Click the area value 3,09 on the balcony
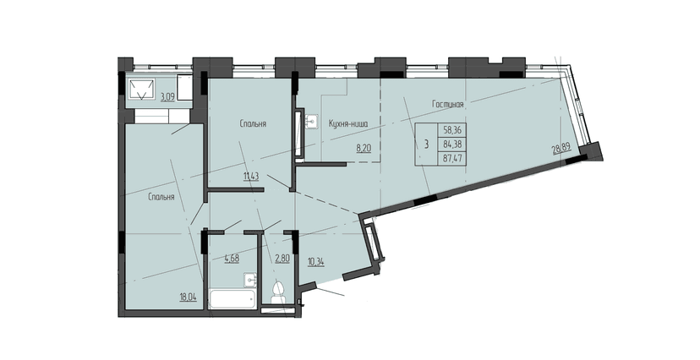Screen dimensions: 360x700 tap(168, 97)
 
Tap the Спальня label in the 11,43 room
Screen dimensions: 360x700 tap(254, 123)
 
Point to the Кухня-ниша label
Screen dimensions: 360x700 tap(347, 123)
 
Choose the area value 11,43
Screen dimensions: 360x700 tap(251, 176)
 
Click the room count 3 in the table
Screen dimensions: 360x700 tap(427, 143)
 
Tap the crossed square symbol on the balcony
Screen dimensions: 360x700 tap(141, 88)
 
